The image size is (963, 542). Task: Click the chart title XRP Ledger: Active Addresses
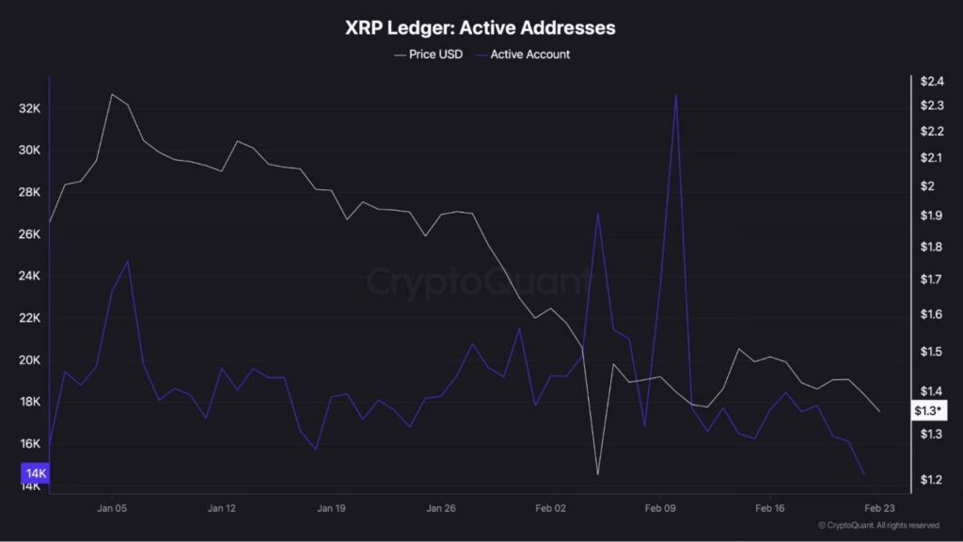pos(481,28)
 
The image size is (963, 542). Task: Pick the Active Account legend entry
pos(528,55)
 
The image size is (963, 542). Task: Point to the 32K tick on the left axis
pos(30,109)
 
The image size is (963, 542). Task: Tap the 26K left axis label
pos(30,234)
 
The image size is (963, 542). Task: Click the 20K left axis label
pos(30,360)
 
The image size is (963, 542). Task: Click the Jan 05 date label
pos(112,508)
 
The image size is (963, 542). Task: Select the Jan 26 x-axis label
pos(441,508)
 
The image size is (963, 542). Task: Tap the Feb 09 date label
pos(660,508)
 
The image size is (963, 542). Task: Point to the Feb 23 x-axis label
pos(879,508)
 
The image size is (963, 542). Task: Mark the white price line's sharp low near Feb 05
pos(598,473)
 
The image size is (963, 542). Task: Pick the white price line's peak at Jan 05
pos(112,94)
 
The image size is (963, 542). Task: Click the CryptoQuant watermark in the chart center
pos(479,281)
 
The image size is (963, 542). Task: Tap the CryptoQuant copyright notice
pos(878,525)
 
